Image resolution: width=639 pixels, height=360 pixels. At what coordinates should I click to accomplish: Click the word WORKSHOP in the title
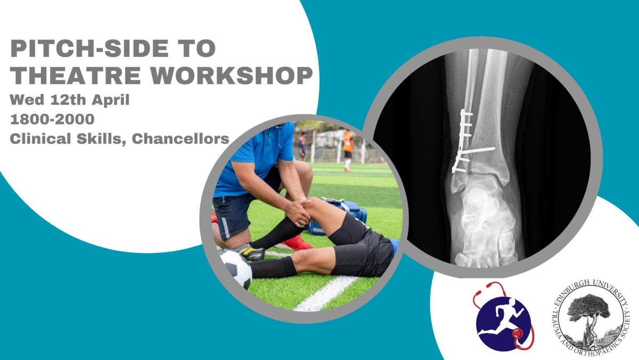(x=231, y=76)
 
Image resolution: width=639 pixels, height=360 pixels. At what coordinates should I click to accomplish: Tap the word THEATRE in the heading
(x=76, y=76)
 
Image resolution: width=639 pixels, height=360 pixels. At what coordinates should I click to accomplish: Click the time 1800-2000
(x=52, y=119)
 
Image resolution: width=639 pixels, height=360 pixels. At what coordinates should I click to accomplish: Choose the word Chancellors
(x=181, y=139)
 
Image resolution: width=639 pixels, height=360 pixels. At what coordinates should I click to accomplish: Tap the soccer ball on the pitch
(x=236, y=268)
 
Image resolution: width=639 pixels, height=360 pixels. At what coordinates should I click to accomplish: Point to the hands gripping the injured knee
(x=298, y=212)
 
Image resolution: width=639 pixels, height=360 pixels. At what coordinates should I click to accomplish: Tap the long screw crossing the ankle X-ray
(x=477, y=151)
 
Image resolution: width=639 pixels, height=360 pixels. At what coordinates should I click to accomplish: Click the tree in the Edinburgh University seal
(x=588, y=312)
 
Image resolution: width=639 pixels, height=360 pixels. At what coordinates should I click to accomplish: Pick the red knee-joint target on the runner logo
(x=517, y=333)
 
